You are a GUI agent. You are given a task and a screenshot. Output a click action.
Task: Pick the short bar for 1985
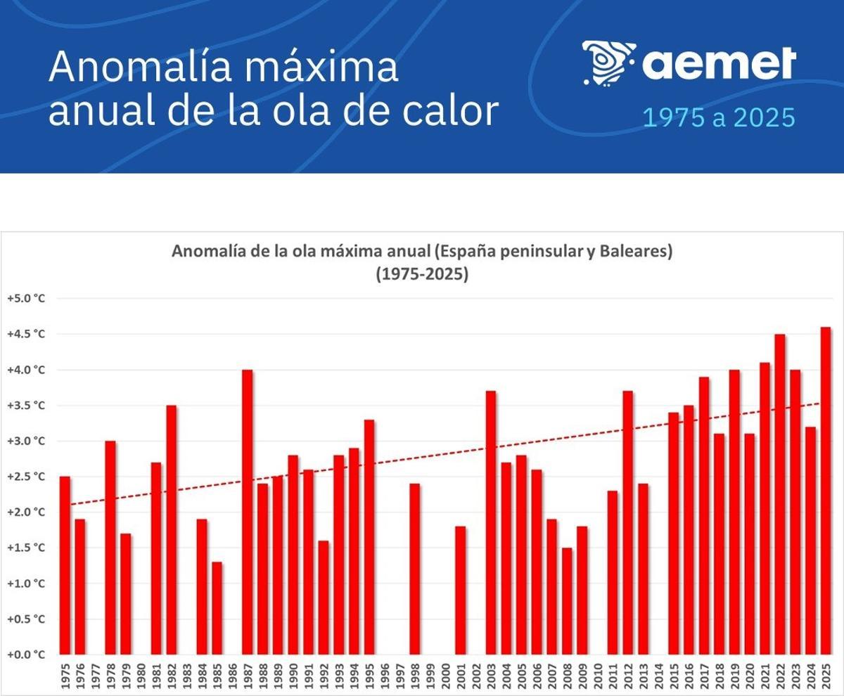click(217, 608)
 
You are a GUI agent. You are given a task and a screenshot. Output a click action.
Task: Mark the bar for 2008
click(567, 601)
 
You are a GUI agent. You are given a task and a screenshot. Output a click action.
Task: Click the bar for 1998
click(415, 569)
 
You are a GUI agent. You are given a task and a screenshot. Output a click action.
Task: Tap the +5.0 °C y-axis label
click(26, 298)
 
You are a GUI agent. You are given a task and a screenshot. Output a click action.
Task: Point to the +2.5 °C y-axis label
click(26, 477)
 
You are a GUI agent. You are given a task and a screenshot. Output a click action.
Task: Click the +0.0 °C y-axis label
click(26, 655)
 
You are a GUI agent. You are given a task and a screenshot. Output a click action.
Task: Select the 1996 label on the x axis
click(385, 676)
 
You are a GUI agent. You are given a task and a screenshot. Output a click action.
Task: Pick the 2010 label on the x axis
click(598, 676)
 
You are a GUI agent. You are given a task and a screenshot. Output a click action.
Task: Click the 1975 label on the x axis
click(65, 676)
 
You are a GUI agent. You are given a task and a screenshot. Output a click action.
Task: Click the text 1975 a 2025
click(719, 118)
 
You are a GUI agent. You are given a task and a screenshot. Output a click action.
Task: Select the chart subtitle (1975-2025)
click(422, 274)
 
